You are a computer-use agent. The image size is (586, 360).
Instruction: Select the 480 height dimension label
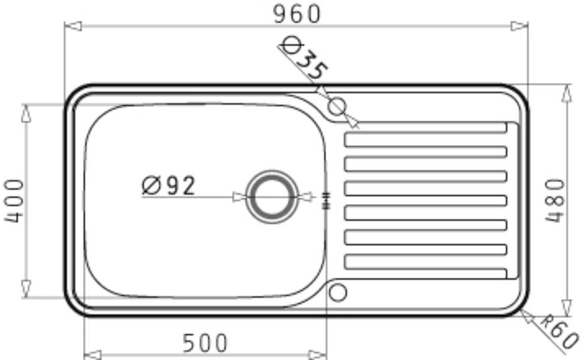(x=555, y=200)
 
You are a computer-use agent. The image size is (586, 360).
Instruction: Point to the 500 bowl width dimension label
(x=204, y=343)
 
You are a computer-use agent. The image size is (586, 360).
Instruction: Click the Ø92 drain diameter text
(x=168, y=186)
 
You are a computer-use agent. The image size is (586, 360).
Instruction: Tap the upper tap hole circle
(x=336, y=107)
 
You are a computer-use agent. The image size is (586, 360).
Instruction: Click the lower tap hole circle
(x=337, y=291)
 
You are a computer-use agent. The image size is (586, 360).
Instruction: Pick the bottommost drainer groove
(x=425, y=273)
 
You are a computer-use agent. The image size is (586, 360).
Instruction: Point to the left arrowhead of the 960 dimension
(x=72, y=25)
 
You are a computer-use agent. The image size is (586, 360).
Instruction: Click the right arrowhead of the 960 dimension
(x=520, y=25)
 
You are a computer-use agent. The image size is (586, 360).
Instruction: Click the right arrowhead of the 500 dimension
(x=318, y=355)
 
